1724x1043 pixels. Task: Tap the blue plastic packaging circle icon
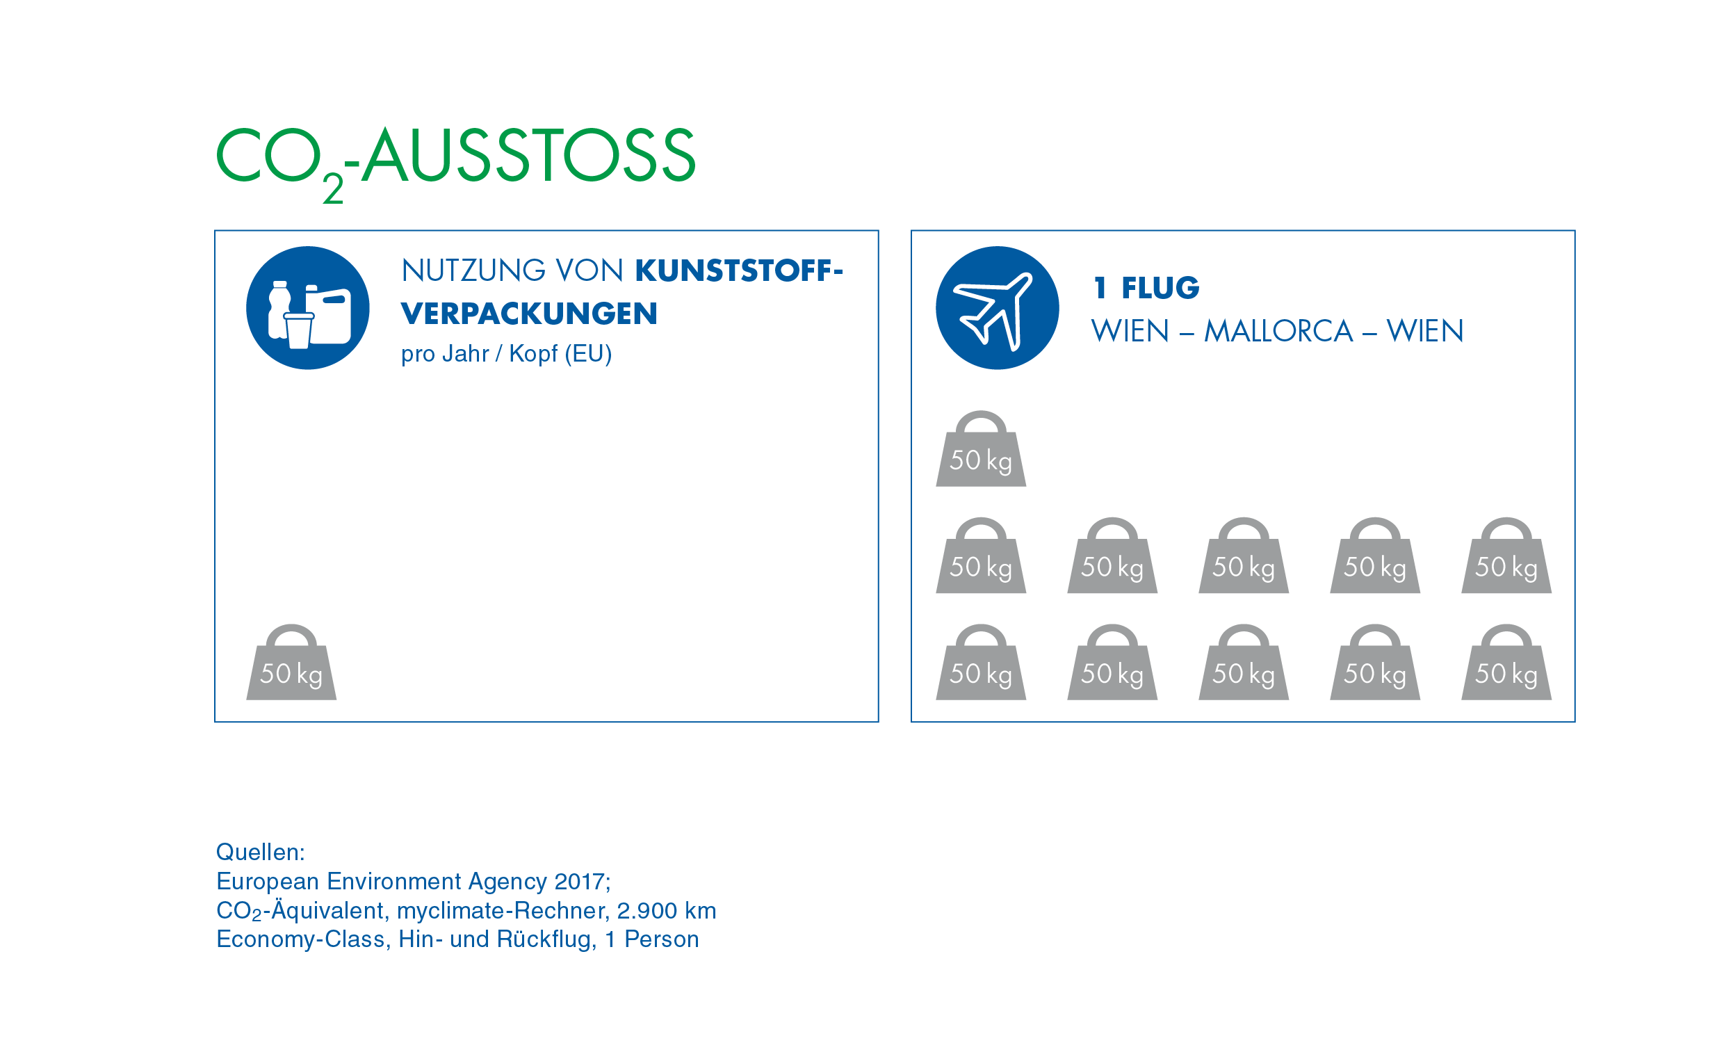click(x=308, y=308)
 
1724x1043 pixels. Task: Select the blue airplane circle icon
click(x=997, y=308)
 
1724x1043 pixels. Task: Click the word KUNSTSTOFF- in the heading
click(x=739, y=271)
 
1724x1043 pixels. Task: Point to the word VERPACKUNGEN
click(x=529, y=314)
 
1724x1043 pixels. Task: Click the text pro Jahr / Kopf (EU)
click(x=506, y=354)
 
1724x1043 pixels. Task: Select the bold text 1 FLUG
click(x=1146, y=288)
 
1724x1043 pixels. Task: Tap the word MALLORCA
click(x=1278, y=331)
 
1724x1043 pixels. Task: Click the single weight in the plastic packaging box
click(x=291, y=663)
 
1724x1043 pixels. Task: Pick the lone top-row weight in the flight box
click(x=980, y=449)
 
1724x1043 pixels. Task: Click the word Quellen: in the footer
click(x=260, y=852)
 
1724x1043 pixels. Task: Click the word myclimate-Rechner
click(x=502, y=911)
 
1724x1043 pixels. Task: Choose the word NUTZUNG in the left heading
click(x=473, y=271)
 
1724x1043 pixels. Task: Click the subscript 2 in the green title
click(x=333, y=189)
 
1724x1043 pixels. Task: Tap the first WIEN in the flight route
click(x=1130, y=331)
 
